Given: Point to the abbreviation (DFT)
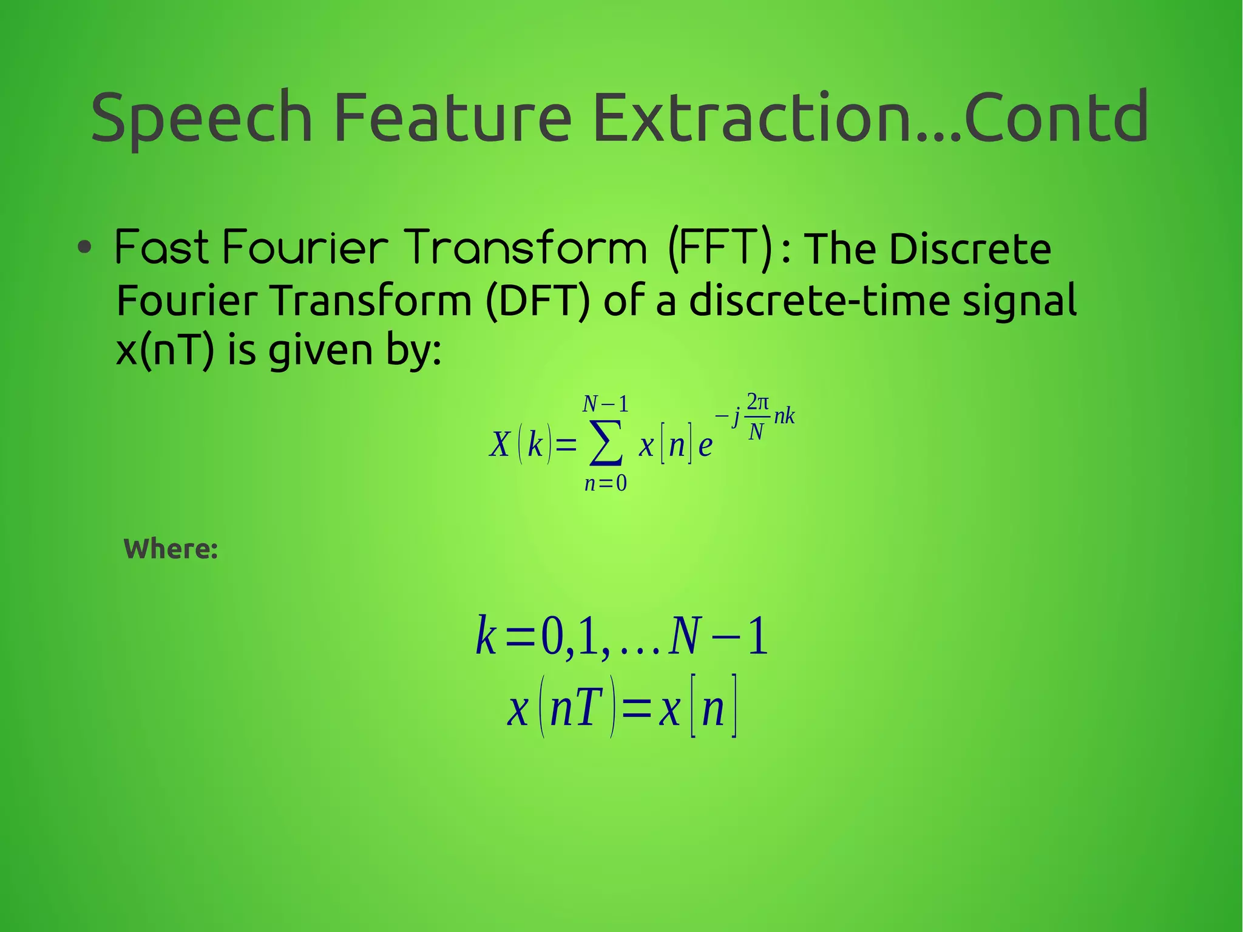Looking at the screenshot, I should coord(537,300).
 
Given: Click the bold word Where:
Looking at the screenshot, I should coord(171,549).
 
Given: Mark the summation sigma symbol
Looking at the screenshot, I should coord(606,443).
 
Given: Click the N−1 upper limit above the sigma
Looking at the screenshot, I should coord(605,404).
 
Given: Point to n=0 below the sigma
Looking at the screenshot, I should coord(606,483).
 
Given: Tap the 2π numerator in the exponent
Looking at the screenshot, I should coord(757,402).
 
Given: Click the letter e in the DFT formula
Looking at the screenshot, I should coord(705,446).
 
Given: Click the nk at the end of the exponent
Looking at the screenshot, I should coord(784,417).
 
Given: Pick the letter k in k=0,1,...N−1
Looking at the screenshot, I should coord(486,636).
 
